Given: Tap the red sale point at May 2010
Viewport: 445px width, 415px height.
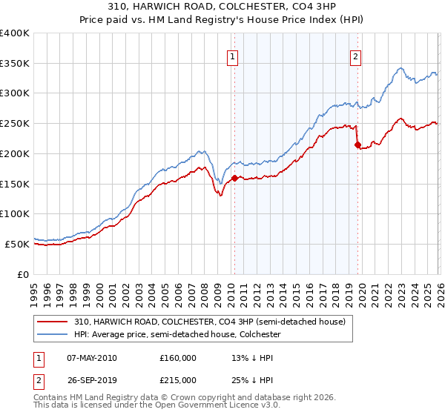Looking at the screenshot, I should pyautogui.click(x=234, y=178).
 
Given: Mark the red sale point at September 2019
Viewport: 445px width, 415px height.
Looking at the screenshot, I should pyautogui.click(x=357, y=145).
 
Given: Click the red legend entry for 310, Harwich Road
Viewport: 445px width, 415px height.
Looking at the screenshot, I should pyautogui.click(x=209, y=322).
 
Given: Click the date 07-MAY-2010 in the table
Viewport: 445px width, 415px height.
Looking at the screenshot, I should pyautogui.click(x=91, y=358).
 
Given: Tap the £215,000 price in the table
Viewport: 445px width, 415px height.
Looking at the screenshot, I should pyautogui.click(x=178, y=379).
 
